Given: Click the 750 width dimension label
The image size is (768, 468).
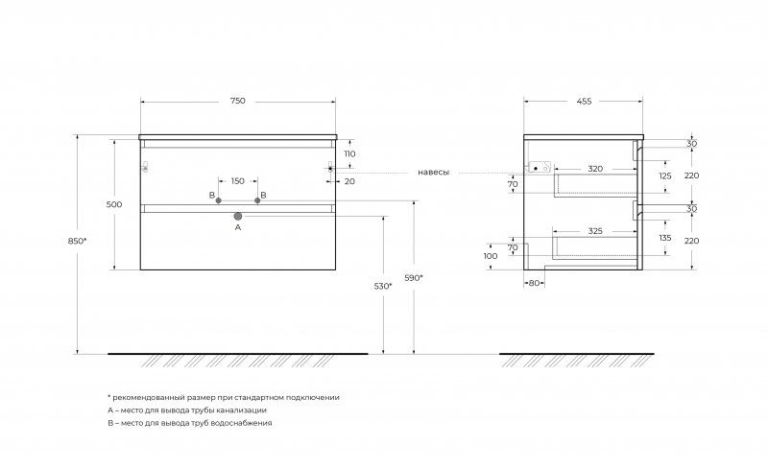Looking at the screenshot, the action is (237, 101).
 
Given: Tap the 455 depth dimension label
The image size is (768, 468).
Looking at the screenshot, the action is (584, 102).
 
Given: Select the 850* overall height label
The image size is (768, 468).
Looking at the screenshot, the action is (78, 241).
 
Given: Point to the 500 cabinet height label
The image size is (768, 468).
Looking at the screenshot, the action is (114, 204).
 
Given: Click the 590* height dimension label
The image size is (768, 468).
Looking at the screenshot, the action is (414, 278).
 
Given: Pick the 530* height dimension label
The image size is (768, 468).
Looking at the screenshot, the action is (383, 287).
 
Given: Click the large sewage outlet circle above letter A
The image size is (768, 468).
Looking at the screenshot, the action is (238, 216).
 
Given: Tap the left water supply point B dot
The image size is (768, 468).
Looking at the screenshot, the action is (219, 200).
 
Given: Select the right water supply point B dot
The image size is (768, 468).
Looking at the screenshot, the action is (257, 200).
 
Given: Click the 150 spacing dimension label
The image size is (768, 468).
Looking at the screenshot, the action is (237, 181).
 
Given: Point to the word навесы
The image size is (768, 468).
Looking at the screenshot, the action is (434, 173).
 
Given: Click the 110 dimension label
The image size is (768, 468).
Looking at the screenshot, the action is (349, 153).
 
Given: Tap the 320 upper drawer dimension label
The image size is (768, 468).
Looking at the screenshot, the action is (595, 169).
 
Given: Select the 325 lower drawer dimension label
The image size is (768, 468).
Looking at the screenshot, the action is (595, 231).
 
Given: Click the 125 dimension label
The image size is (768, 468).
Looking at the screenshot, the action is (665, 175).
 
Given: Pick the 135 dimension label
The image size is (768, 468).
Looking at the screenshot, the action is (665, 238).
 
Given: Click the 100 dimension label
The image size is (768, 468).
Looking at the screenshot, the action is (491, 256).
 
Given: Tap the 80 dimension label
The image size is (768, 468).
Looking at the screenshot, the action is (534, 283).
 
